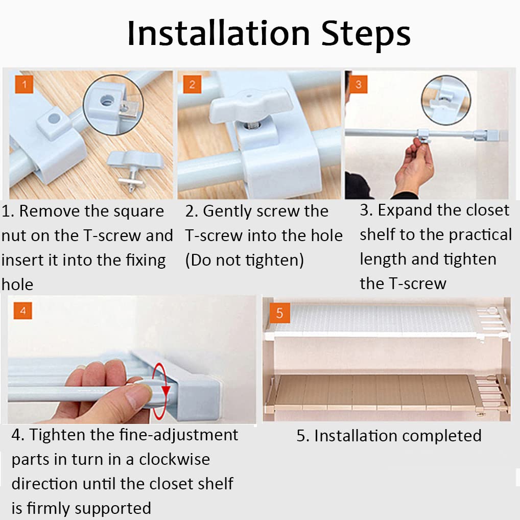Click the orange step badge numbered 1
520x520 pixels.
(24, 84)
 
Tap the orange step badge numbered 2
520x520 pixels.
(192, 84)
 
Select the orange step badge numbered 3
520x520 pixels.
(358, 84)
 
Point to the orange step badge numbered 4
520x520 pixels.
(23, 311)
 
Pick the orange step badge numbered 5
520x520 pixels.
(279, 313)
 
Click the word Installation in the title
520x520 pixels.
(219, 34)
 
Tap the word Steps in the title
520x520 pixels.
(366, 35)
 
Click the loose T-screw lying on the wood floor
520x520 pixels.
(134, 169)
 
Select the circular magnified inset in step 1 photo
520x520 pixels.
(113, 105)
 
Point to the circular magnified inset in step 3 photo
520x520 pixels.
(446, 100)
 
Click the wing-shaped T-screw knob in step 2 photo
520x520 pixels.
(251, 105)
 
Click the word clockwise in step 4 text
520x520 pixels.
(174, 460)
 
